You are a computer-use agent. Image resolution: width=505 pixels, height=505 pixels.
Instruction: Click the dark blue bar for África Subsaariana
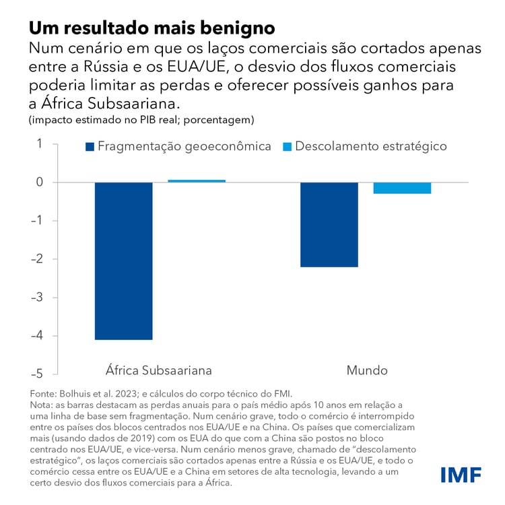pos(123,261)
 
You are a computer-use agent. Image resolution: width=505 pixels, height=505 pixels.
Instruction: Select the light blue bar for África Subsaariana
pos(197,181)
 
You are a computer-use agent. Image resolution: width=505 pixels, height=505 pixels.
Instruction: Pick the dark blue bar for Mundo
pos(329,224)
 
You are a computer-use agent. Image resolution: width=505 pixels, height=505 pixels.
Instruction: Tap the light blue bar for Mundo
pos(402,188)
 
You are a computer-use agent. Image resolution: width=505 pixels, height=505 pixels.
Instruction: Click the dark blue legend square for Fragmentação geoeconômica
pos(90,147)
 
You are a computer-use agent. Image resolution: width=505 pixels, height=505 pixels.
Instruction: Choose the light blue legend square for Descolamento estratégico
pos(287,147)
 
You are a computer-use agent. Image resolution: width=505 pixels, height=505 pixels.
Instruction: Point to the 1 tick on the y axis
pos(39,143)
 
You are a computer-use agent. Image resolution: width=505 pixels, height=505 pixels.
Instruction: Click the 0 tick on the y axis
pos(39,182)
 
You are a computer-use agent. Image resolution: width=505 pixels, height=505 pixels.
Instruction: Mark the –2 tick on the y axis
pos(36,259)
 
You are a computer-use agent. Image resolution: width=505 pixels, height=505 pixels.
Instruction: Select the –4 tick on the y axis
pos(36,336)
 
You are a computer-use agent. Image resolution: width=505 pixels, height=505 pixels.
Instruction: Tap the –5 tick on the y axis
pos(36,374)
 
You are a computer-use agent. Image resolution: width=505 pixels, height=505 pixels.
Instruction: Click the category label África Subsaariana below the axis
pos(159,370)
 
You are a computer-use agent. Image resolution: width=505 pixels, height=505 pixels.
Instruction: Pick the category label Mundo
pos(367,370)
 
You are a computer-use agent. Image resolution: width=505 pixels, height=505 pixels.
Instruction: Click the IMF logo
pos(461,474)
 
